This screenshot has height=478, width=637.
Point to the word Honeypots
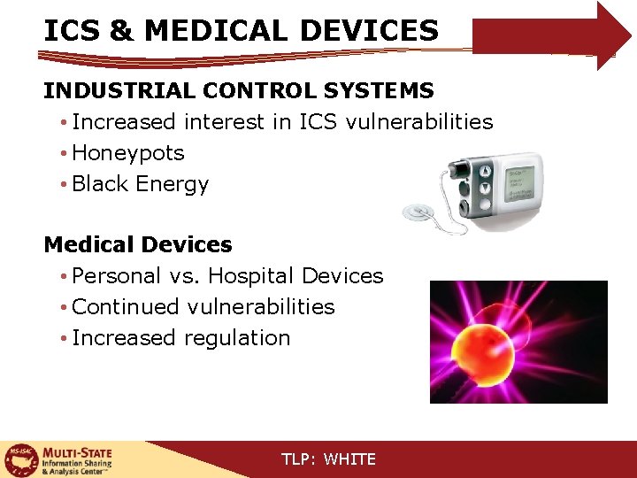128,153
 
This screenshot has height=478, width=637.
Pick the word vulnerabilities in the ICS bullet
419,121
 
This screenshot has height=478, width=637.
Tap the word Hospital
251,276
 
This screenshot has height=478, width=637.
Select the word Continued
125,307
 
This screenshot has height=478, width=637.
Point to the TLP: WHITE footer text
328,459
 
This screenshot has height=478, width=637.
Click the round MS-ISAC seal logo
19,459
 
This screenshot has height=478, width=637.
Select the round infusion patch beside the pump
415,212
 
